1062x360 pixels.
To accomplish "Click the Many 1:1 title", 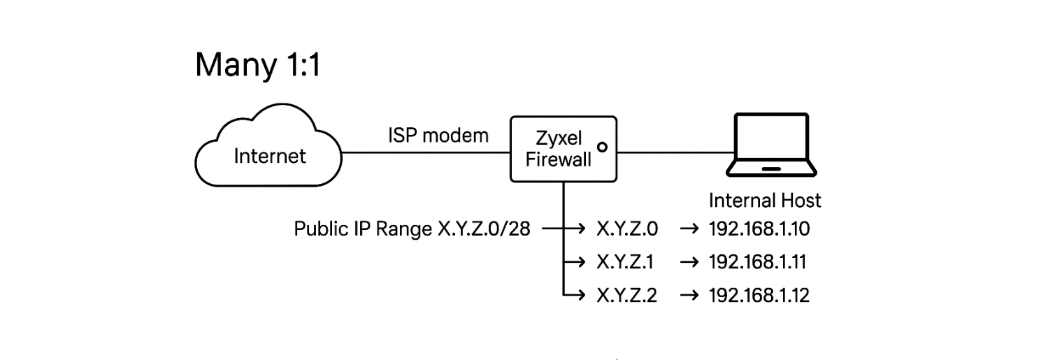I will (257, 64).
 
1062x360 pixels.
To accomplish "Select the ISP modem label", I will (438, 135).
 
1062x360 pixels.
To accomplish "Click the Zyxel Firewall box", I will (564, 150).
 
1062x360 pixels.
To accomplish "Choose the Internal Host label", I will (765, 201).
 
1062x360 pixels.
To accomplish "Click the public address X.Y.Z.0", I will (627, 229).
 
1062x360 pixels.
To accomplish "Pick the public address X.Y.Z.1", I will (626, 262).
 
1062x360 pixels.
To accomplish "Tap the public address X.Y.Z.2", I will (627, 296).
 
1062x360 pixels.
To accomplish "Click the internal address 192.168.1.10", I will (759, 229).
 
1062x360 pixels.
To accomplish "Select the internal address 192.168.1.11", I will (758, 262).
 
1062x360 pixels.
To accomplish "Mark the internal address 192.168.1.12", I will (759, 296).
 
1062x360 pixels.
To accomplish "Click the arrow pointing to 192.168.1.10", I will (689, 229).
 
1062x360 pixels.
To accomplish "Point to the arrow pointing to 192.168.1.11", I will (689, 262).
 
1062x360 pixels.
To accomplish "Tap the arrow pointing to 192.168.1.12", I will (689, 296).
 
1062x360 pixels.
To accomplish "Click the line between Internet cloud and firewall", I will (426, 151).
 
